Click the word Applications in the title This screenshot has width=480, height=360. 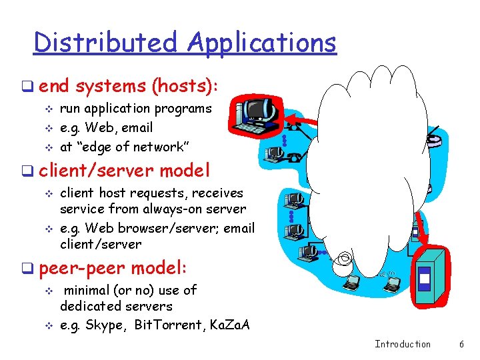(x=262, y=43)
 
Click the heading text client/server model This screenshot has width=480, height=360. (x=124, y=171)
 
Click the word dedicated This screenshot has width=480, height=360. (x=88, y=307)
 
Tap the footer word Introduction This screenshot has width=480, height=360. (x=403, y=344)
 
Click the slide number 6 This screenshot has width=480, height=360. (x=461, y=344)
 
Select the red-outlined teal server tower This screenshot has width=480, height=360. (x=425, y=276)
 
